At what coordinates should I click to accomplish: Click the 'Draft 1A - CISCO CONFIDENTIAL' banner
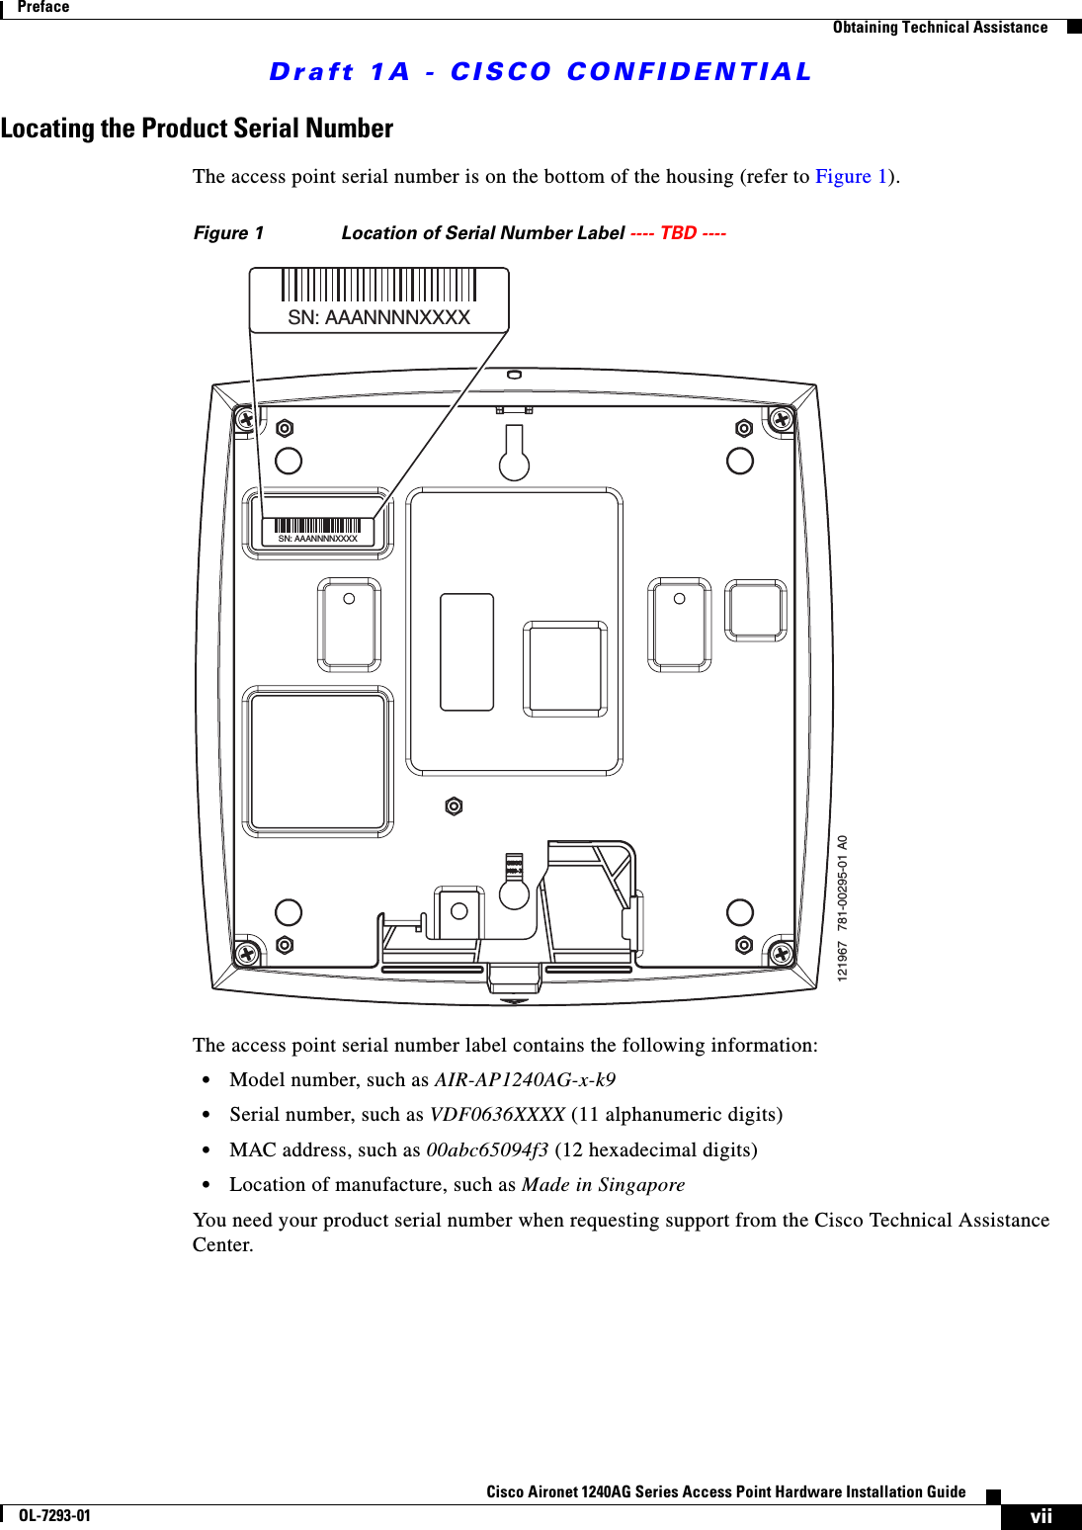[x=541, y=72]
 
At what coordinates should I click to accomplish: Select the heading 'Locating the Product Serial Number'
[x=197, y=128]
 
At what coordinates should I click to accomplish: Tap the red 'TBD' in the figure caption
[x=678, y=233]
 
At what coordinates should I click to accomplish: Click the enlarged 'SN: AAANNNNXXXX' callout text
[x=378, y=317]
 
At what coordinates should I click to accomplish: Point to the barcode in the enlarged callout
[x=378, y=285]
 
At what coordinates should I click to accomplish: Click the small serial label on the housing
[x=317, y=532]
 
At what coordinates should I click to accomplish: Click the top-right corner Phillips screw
[x=782, y=419]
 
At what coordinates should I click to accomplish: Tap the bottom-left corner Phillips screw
[x=247, y=953]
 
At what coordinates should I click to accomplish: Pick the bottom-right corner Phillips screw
[x=782, y=954]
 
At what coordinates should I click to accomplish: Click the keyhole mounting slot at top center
[x=514, y=454]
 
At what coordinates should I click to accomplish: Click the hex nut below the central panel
[x=454, y=807]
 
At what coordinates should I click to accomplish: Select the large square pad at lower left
[x=318, y=761]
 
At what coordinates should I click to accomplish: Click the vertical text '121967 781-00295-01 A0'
[x=843, y=908]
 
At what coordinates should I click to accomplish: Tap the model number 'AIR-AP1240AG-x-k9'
[x=525, y=1080]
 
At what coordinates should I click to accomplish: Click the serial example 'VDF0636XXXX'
[x=497, y=1115]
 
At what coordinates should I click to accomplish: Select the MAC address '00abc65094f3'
[x=486, y=1150]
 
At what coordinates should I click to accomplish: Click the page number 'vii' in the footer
[x=1040, y=1517]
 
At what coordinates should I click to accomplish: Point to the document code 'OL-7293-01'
[x=54, y=1516]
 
